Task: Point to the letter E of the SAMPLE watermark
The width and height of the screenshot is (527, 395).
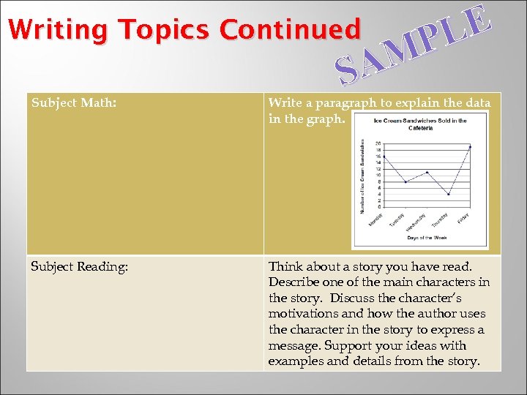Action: click(x=476, y=18)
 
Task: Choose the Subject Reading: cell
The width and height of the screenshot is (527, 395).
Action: click(x=80, y=267)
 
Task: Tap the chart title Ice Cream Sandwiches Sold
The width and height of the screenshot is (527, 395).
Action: click(x=420, y=121)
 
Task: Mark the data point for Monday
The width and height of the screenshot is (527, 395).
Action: click(x=384, y=157)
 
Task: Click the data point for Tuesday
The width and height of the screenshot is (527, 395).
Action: click(x=405, y=181)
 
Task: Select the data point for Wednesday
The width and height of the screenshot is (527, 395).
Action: click(x=427, y=172)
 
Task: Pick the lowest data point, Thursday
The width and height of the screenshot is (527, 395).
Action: click(x=449, y=194)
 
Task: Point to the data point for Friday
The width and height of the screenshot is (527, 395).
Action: click(x=470, y=147)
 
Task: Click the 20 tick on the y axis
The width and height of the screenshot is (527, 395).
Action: click(x=378, y=143)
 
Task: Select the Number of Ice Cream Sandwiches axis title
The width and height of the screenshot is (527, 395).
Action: click(x=362, y=176)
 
